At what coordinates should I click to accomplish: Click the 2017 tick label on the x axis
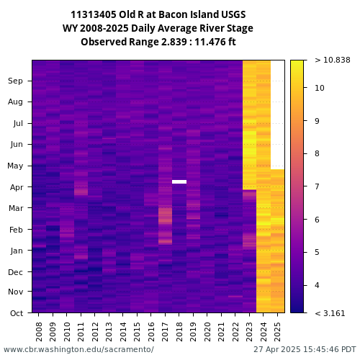coord(165,332)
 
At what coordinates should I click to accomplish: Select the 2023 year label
coord(249,332)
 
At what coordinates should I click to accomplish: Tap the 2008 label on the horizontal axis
coord(39,332)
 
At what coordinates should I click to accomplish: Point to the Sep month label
coord(15,81)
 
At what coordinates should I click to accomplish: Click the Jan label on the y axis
coord(17,251)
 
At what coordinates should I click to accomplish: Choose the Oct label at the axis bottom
coord(17,313)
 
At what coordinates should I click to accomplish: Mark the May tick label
coord(15,166)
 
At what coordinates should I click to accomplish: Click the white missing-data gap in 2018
coord(179,181)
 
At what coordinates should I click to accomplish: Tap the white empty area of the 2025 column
coord(278,114)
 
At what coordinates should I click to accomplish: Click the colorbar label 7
coord(317,186)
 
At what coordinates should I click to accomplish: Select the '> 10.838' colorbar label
coord(333,60)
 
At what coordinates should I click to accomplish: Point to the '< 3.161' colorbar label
coord(330,313)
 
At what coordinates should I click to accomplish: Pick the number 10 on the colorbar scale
coord(320,88)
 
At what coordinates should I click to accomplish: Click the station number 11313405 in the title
coord(94,14)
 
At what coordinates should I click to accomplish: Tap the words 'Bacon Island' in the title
coord(189,14)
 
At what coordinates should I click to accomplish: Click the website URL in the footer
coord(78,349)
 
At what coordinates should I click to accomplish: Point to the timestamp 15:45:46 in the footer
coord(320,349)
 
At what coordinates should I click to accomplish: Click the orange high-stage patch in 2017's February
coord(165,216)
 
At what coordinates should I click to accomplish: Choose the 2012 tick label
coord(95,332)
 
